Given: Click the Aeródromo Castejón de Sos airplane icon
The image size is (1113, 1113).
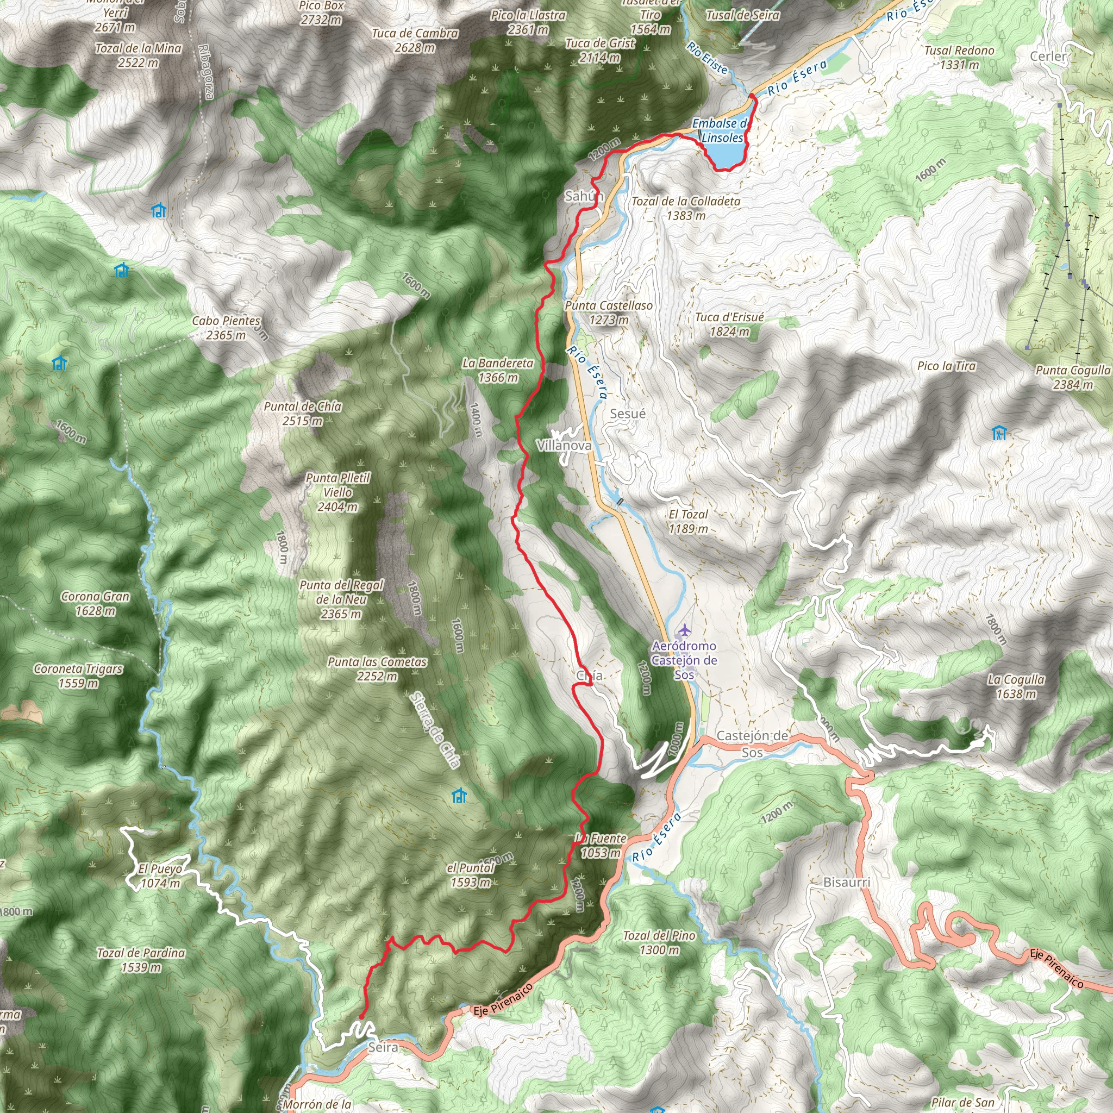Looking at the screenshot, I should (684, 630).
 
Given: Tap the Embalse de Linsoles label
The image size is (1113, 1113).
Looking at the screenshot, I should (721, 131).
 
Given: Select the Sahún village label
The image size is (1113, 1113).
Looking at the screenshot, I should (583, 196).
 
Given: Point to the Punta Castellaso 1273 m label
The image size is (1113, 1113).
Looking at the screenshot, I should (609, 313).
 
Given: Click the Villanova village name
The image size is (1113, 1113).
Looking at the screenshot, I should (564, 445).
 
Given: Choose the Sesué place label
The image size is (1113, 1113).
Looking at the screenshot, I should (627, 414).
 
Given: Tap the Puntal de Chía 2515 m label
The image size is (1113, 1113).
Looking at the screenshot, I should (303, 414).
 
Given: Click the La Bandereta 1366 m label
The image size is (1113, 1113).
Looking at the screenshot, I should (498, 371).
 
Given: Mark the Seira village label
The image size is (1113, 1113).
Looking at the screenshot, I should (383, 1047).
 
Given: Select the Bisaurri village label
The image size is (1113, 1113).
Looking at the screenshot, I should (846, 882).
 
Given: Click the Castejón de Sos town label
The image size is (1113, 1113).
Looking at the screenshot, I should (752, 744).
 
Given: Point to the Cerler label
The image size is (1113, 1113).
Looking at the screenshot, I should (1048, 57).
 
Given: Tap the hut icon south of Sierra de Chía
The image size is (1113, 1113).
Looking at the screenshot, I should (459, 796).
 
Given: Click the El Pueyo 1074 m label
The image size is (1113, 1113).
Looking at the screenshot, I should (160, 876).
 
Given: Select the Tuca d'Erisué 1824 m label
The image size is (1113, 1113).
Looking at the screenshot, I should (729, 324).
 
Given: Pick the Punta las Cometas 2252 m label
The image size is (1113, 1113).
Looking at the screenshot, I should (377, 669).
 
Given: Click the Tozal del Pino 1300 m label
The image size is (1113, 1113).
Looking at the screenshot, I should (659, 942).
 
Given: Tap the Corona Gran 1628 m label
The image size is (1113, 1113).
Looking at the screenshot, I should (96, 603).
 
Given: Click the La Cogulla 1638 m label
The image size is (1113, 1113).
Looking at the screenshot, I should (1016, 686).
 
